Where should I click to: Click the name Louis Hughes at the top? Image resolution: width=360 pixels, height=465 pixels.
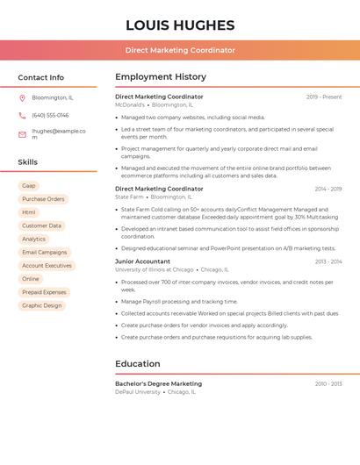(x=180, y=25)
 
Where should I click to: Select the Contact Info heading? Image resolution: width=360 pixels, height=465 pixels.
(x=41, y=77)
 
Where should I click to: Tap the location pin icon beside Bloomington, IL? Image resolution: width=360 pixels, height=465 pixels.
(x=22, y=97)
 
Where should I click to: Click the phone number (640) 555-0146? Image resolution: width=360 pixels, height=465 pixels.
(x=50, y=115)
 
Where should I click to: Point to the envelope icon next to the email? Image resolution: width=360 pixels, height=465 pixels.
(x=22, y=134)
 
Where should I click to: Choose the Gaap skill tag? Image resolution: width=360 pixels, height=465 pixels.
(x=29, y=186)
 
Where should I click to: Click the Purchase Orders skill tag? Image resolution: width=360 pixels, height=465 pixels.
(x=43, y=199)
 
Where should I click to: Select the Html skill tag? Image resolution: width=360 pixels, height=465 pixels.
(x=29, y=212)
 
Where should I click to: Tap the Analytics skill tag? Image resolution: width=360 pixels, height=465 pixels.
(x=33, y=239)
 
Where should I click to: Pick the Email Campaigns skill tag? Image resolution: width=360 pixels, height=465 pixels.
(x=44, y=252)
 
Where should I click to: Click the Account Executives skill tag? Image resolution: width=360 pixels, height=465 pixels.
(x=47, y=265)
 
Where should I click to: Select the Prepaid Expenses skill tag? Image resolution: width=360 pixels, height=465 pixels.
(x=44, y=292)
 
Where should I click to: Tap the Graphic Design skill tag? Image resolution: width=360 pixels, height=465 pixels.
(x=42, y=305)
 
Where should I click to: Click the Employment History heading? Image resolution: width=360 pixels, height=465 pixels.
(x=161, y=77)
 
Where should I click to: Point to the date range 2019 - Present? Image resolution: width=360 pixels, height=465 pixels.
(x=324, y=97)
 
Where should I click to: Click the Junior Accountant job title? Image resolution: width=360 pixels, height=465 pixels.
(x=142, y=261)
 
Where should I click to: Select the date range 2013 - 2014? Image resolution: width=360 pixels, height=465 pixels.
(x=328, y=261)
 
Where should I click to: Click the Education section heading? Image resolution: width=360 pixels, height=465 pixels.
(x=138, y=363)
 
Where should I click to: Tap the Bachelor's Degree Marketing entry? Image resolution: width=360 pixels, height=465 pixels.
(x=158, y=383)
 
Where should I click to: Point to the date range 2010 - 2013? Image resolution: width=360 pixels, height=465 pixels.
(x=328, y=383)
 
